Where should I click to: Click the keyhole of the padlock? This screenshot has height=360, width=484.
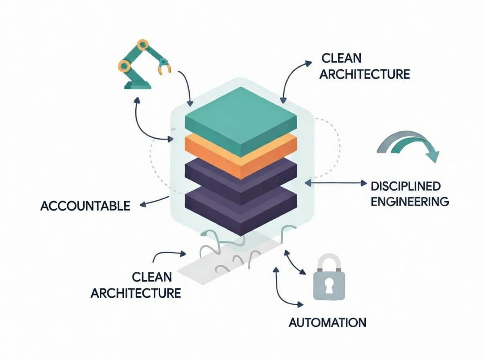(329, 286)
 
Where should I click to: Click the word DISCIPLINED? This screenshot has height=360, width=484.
(406, 186)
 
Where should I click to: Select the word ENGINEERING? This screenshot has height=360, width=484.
(410, 201)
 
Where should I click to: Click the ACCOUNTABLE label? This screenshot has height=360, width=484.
(85, 206)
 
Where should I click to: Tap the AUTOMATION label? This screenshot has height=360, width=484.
(327, 322)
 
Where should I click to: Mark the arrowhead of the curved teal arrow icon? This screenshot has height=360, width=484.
(431, 156)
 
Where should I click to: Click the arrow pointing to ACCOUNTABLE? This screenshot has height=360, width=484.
(153, 201)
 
